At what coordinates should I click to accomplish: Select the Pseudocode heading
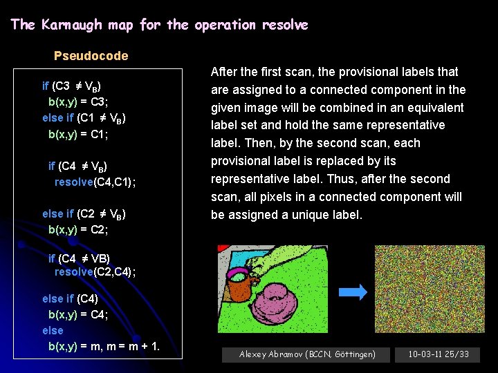[91, 56]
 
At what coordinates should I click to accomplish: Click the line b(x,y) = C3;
[77, 102]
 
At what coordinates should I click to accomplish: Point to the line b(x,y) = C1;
[77, 134]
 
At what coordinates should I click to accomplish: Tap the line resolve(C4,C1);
[95, 182]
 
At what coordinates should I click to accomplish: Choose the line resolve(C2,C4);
[95, 272]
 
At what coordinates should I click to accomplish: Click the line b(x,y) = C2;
[77, 229]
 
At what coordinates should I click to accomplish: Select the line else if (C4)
[70, 299]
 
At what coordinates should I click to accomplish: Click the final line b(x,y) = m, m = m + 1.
[104, 346]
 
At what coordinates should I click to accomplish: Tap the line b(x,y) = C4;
[77, 315]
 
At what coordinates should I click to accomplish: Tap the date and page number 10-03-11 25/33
[438, 354]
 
